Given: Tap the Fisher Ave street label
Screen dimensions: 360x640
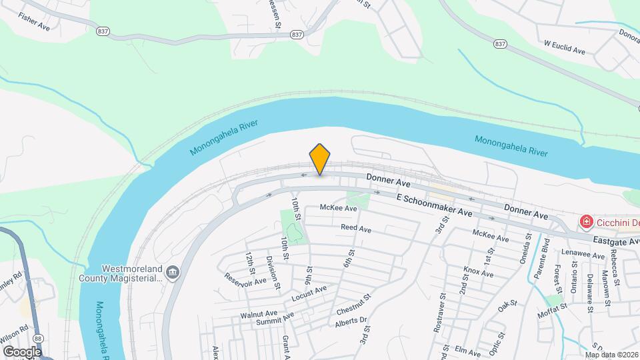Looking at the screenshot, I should click(x=35, y=22).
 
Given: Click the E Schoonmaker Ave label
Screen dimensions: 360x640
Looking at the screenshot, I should click(x=434, y=205).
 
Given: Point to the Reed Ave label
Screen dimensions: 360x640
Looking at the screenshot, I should click(x=355, y=228).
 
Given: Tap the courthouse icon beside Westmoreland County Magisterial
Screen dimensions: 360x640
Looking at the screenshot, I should click(x=173, y=271).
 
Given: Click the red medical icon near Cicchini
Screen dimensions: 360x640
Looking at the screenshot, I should click(x=586, y=221).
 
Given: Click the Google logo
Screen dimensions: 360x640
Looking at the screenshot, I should click(x=22, y=351).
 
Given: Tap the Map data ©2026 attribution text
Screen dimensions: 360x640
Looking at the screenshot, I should click(x=611, y=355).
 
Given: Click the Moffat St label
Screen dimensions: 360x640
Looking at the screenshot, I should click(x=554, y=307).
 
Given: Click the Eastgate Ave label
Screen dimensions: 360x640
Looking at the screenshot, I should click(x=616, y=240).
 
